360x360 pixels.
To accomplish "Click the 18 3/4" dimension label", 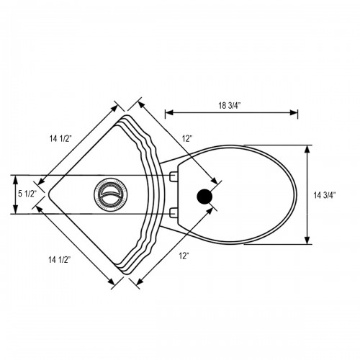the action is pyautogui.click(x=230, y=106).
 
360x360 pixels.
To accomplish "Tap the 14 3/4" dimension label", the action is pyautogui.click(x=325, y=195).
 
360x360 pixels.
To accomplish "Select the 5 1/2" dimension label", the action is pyautogui.click(x=27, y=194).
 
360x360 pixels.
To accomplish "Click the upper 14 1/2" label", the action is pyautogui.click(x=60, y=138).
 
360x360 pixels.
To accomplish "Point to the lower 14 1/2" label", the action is pyautogui.click(x=60, y=259).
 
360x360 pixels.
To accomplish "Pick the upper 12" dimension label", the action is pyautogui.click(x=187, y=138).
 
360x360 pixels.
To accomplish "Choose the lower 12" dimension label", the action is pyautogui.click(x=184, y=256).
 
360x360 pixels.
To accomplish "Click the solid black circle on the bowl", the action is pyautogui.click(x=204, y=197).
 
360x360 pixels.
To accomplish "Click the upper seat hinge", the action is pyautogui.click(x=174, y=176).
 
